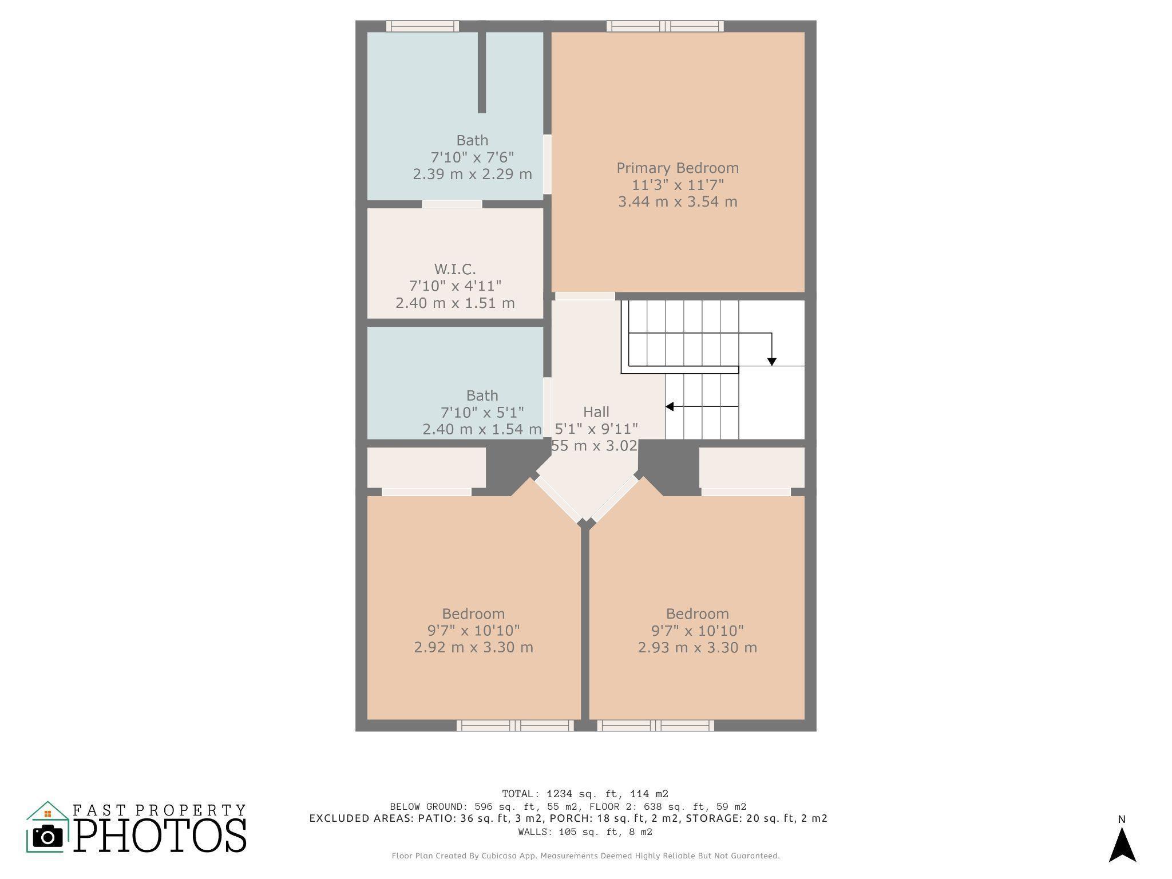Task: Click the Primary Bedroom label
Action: click(x=678, y=168)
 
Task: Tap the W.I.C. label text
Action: click(x=455, y=269)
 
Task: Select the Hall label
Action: click(x=596, y=412)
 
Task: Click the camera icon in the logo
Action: click(x=47, y=837)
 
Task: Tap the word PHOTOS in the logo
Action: click(x=160, y=836)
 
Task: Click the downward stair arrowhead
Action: click(x=771, y=362)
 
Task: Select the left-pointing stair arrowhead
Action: click(x=670, y=406)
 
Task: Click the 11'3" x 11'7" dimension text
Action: click(x=678, y=185)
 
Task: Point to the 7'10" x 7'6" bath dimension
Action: click(x=472, y=157)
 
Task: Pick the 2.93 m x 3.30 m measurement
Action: click(x=697, y=647)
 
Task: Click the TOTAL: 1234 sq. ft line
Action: click(x=585, y=794)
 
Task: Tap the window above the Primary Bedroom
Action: click(x=665, y=26)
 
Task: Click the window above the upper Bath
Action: click(x=422, y=26)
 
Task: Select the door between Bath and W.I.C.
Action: click(x=452, y=204)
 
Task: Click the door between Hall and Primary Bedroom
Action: click(x=585, y=296)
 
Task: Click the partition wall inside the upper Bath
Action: click(x=482, y=72)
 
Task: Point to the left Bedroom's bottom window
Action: click(x=515, y=726)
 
